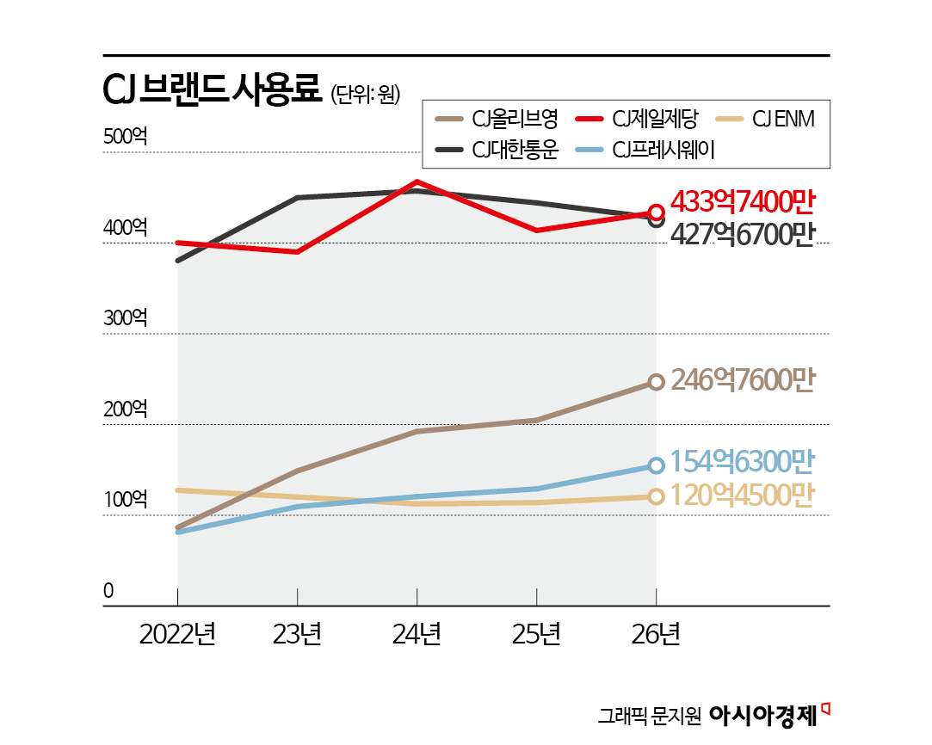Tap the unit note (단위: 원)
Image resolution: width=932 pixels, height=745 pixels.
366,94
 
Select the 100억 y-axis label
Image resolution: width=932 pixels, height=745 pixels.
126,499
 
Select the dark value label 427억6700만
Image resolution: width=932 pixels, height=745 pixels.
742,234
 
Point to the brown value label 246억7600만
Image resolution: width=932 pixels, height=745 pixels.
742,380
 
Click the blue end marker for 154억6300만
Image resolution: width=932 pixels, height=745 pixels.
656,465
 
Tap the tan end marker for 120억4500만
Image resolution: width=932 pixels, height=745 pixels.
656,496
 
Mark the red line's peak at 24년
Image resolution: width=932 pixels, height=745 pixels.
417,182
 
